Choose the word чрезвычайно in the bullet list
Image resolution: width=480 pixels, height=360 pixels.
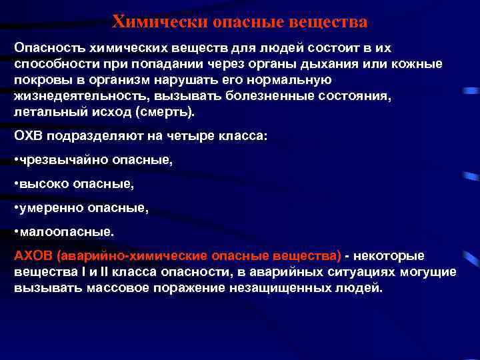[61, 160]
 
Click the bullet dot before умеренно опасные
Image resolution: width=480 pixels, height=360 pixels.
[16, 209]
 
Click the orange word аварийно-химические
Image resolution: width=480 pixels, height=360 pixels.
[133, 256]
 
